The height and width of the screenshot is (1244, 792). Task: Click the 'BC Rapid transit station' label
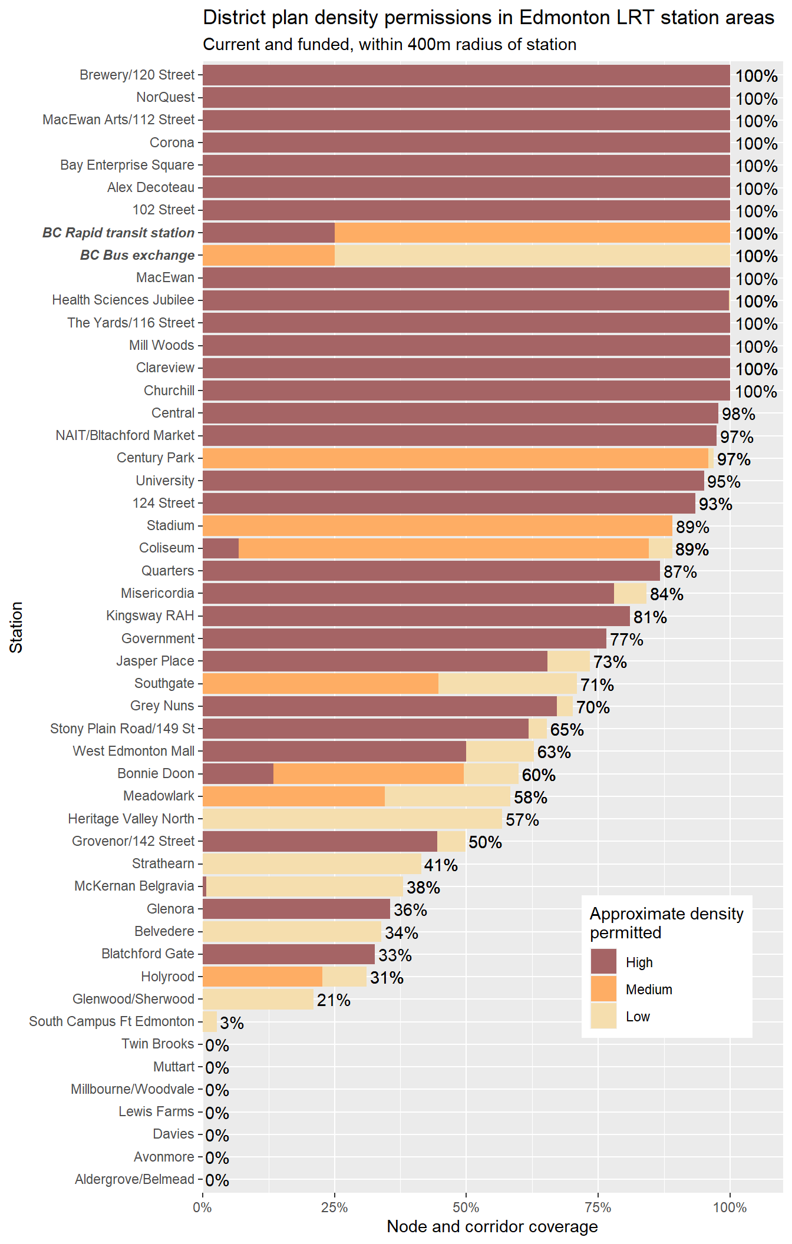[x=118, y=233]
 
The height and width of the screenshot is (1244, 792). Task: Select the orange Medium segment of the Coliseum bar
[x=443, y=548]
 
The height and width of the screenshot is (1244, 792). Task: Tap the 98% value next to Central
[x=738, y=414]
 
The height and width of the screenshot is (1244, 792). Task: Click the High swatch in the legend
[x=603, y=961]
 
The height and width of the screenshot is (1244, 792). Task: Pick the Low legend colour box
[x=603, y=1015]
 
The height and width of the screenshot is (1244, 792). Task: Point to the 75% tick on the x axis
[x=598, y=1207]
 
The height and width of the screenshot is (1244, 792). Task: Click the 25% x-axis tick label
[x=334, y=1207]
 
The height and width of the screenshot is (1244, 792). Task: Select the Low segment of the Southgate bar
[x=507, y=684]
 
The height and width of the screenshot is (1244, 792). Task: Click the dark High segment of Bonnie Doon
[x=238, y=774]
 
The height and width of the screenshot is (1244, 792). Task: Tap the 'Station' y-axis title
[x=16, y=627]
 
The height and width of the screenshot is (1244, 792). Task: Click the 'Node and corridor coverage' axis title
[x=492, y=1227]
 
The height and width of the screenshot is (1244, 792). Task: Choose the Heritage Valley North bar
[x=352, y=819]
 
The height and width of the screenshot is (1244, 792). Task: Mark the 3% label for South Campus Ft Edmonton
[x=232, y=1023]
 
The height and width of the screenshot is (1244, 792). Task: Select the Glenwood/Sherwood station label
[x=133, y=999]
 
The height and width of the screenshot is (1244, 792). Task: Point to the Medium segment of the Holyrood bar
[x=262, y=977]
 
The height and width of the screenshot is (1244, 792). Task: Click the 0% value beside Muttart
[x=217, y=1068]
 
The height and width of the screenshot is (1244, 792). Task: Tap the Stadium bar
[x=437, y=525]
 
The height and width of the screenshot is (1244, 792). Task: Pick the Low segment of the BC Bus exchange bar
[x=532, y=256]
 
